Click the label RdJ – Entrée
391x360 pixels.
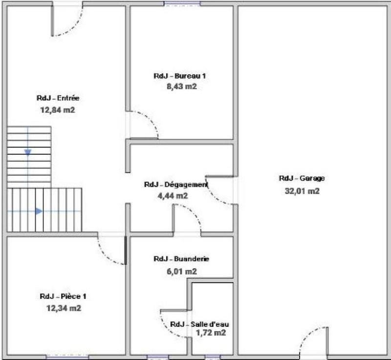[x=58, y=98]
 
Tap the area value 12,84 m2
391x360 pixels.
[x=58, y=110]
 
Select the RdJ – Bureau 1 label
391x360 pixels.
[x=180, y=76]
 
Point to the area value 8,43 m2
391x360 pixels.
[x=181, y=86]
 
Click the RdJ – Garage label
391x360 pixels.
[x=302, y=178]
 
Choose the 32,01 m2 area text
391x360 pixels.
[x=302, y=191]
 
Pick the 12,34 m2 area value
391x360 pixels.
[x=64, y=308]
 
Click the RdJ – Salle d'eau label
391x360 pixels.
[x=199, y=324]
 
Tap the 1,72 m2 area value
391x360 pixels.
[x=211, y=333]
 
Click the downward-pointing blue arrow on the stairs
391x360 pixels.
[x=28, y=152]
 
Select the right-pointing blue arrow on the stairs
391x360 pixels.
[x=38, y=211]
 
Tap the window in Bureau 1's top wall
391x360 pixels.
[x=182, y=4]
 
